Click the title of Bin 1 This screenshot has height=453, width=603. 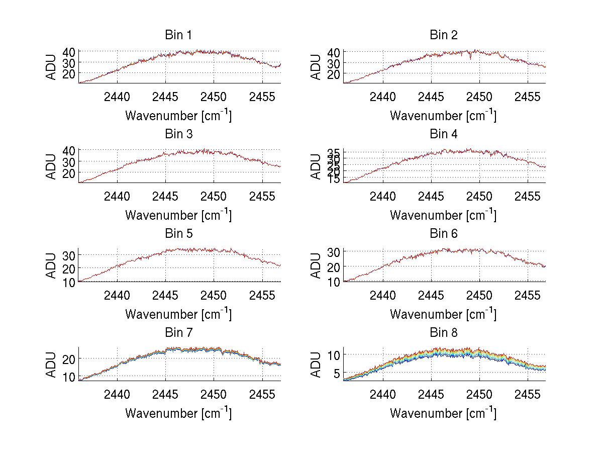pyautogui.click(x=178, y=35)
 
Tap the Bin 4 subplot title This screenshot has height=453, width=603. pyautogui.click(x=443, y=134)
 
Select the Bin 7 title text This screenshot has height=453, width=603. pyautogui.click(x=178, y=333)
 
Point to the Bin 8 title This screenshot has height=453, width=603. pyautogui.click(x=443, y=333)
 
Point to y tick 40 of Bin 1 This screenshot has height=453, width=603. pyautogui.click(x=69, y=52)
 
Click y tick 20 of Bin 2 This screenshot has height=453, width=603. pyautogui.click(x=334, y=74)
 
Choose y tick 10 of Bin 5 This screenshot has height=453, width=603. pyautogui.click(x=69, y=282)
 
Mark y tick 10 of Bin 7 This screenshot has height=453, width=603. pyautogui.click(x=69, y=377)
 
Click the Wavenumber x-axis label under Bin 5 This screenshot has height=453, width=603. pyautogui.click(x=178, y=314)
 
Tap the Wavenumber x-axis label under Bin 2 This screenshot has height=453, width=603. pyautogui.click(x=443, y=116)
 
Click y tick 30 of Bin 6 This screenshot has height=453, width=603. pyautogui.click(x=334, y=252)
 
